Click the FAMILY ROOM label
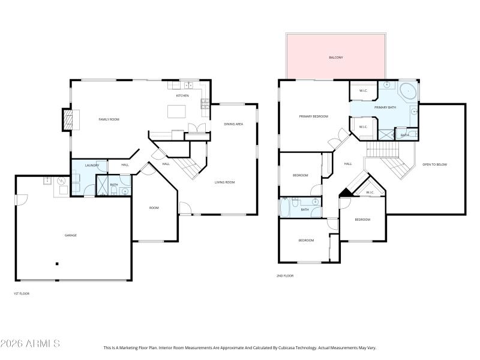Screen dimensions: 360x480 109,119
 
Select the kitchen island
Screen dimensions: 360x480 177,111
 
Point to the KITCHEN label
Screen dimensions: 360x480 182,95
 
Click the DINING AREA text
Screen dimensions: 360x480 233,124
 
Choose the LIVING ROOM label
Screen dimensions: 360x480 224,182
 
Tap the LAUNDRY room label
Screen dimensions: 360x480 91,165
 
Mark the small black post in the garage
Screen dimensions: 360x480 57,263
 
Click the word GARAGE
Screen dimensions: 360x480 71,235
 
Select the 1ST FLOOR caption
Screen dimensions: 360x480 21,293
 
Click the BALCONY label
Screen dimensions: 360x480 336,58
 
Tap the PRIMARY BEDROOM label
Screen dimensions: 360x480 313,116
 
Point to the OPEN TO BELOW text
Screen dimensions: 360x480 434,164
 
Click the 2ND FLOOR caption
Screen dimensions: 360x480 285,275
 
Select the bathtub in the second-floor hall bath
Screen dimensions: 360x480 286,208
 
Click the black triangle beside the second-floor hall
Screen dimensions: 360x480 345,192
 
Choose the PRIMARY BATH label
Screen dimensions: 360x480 385,107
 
